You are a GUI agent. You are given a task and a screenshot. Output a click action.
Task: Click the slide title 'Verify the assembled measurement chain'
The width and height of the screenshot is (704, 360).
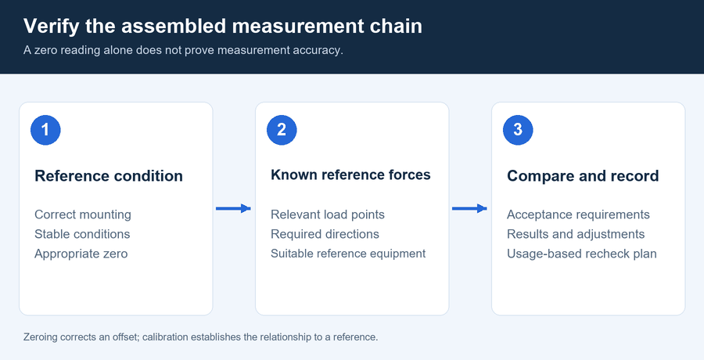tap(223, 26)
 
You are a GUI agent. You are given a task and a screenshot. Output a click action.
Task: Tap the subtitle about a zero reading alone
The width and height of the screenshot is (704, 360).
tap(183, 50)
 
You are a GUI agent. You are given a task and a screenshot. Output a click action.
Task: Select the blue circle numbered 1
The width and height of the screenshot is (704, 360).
tap(45, 130)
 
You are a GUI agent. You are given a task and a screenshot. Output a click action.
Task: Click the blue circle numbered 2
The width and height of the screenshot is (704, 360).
tap(282, 130)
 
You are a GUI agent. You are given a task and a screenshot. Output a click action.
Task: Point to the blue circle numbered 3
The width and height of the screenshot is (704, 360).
tap(518, 130)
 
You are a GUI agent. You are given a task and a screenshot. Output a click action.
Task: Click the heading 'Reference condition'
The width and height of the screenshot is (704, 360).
tap(109, 176)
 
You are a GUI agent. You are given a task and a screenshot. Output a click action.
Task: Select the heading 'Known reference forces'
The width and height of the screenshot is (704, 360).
tap(350, 175)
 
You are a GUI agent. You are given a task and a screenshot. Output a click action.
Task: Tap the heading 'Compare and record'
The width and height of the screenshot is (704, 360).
tap(583, 176)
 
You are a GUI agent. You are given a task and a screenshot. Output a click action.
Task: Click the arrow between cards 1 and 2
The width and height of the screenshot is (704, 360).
tap(233, 208)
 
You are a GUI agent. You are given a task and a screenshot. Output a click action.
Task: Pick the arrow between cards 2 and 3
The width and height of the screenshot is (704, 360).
tap(469, 208)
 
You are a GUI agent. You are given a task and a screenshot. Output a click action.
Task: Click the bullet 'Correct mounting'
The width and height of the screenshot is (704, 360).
tap(83, 215)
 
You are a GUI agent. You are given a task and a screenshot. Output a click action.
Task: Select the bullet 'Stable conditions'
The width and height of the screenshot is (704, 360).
tap(82, 234)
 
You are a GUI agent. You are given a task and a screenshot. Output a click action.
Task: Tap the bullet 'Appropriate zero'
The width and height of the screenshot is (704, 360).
tap(81, 254)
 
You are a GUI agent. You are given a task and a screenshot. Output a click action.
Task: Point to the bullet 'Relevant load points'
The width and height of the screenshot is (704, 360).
tap(328, 215)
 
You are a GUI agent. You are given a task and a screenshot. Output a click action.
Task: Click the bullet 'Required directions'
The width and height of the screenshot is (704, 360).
tap(325, 234)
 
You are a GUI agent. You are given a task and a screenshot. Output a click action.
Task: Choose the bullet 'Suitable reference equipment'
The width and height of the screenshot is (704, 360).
tap(348, 254)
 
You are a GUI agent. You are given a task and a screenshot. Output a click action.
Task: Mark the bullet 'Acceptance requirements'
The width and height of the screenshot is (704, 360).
tap(578, 215)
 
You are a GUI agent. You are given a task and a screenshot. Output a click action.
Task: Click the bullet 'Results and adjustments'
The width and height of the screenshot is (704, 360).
tap(576, 234)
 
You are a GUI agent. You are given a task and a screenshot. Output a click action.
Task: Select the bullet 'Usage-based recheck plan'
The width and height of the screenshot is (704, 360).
tap(582, 254)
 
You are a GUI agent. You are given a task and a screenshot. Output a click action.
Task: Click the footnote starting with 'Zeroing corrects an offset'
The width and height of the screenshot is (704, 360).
tap(201, 337)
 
